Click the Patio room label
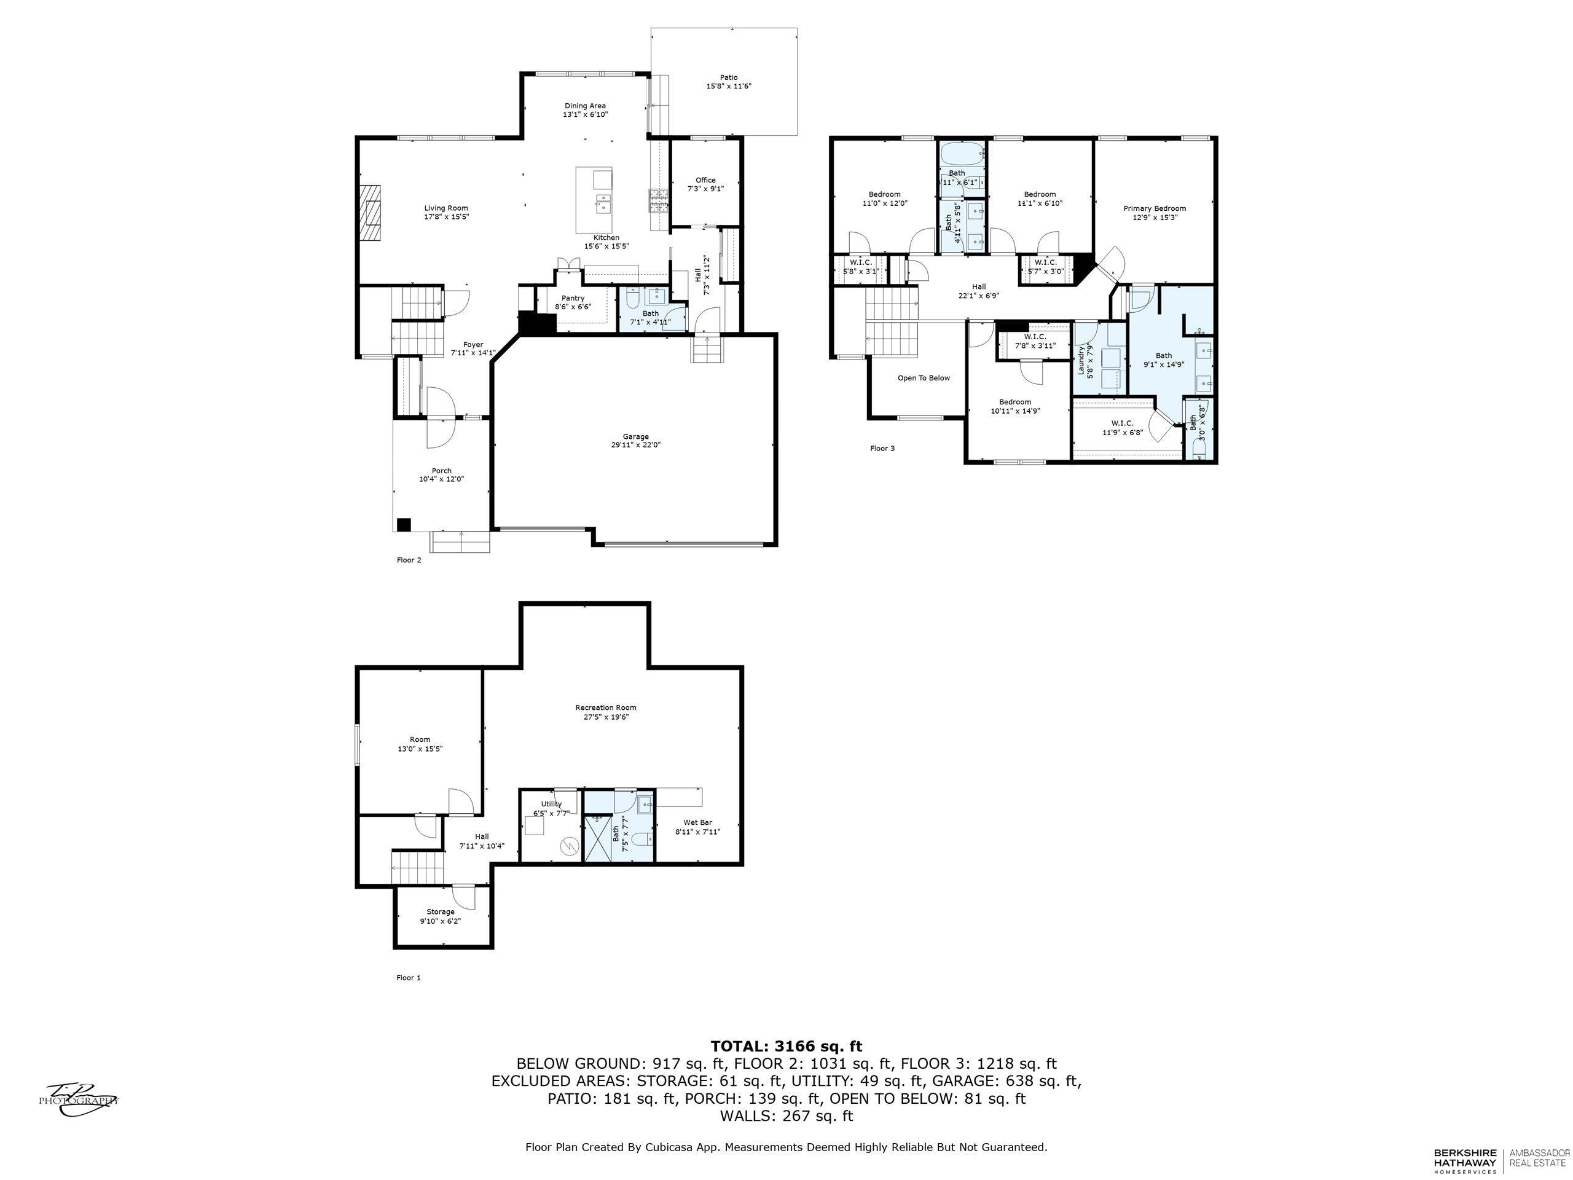728,77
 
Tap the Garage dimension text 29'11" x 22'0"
636,444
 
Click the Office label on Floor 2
705,180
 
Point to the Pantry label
573,298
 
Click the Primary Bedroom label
1155,208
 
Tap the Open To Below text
924,378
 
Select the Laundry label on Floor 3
1081,361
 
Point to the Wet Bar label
697,822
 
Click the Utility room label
551,804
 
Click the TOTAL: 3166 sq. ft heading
786,1046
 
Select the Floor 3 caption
882,448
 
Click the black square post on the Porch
403,524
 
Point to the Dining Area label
585,106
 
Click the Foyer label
473,344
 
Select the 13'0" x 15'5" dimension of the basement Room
420,749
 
